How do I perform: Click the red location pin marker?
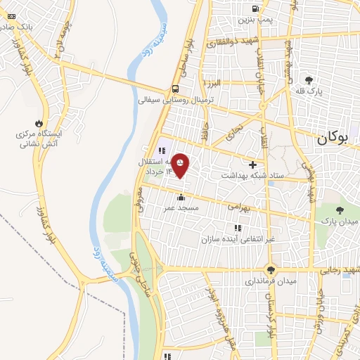click(181, 165)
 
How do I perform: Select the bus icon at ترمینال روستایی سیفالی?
click(174, 89)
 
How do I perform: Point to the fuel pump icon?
click(255, 8)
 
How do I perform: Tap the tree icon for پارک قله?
click(309, 79)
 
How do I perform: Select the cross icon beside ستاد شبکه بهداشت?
click(252, 165)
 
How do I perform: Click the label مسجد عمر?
click(181, 208)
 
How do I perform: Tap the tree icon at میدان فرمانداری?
click(271, 270)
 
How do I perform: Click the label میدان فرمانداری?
click(271, 282)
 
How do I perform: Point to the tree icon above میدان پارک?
click(340, 210)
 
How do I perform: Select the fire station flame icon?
click(48, 121)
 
